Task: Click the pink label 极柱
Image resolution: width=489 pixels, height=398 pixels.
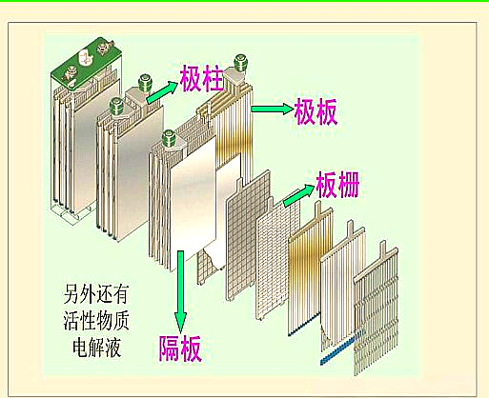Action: click(202, 78)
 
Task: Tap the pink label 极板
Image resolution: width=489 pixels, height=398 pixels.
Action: click(316, 111)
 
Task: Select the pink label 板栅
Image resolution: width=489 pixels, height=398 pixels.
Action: click(337, 185)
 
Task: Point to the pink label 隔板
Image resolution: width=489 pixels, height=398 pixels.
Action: click(180, 348)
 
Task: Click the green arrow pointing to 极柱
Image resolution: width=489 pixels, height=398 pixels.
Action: click(162, 92)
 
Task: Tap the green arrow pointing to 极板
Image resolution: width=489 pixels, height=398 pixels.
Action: click(273, 109)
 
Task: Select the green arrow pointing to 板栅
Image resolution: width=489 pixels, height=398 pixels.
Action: click(298, 195)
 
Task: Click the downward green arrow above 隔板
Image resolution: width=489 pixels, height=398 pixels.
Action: click(180, 291)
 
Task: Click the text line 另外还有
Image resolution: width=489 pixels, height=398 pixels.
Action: click(96, 294)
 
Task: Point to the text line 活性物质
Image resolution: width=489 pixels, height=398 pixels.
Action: click(96, 321)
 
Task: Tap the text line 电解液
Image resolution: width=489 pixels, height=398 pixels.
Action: click(96, 347)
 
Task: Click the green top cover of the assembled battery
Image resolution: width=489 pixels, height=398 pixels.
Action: click(87, 65)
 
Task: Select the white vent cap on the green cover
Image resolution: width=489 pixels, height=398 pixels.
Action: click(85, 58)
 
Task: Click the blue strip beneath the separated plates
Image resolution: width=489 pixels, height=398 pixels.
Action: click(336, 351)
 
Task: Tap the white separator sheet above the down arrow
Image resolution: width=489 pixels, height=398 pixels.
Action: click(194, 203)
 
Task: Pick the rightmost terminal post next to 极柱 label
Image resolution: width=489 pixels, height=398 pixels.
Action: click(240, 64)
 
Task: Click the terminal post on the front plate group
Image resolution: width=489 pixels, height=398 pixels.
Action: click(169, 139)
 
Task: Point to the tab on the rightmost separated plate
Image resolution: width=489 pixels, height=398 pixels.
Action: click(382, 248)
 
